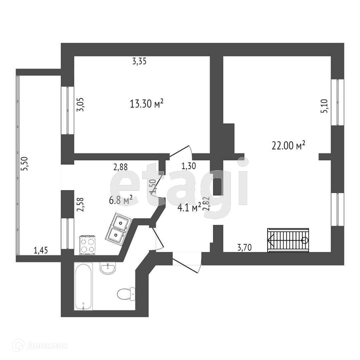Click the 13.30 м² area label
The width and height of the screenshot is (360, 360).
click(146, 104)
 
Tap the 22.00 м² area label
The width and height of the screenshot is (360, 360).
click(289, 146)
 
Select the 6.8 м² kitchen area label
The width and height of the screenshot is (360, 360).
click(121, 200)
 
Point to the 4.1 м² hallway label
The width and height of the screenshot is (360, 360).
click(189, 207)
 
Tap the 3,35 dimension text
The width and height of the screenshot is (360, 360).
click(139, 61)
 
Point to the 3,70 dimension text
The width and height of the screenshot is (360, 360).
click(244, 247)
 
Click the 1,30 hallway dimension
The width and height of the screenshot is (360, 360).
click(188, 166)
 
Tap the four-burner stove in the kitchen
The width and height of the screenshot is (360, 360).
click(87, 245)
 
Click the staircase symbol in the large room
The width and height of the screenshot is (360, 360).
click(288, 240)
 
